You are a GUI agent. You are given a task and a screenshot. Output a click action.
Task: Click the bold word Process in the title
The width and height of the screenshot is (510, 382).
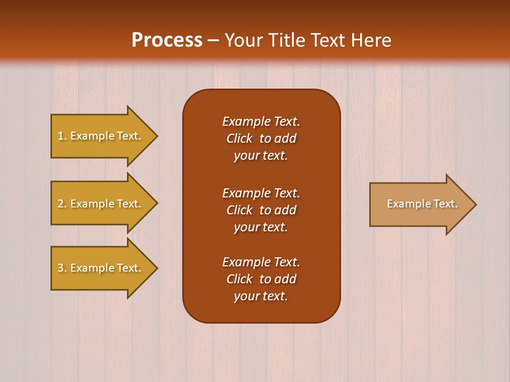(x=167, y=40)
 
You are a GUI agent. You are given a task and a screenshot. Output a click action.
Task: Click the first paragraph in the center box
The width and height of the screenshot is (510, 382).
(x=261, y=138)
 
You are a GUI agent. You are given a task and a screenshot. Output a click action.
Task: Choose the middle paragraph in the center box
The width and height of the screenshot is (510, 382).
(x=261, y=210)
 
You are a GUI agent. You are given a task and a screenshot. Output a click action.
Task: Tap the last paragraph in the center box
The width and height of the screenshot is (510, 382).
(x=261, y=279)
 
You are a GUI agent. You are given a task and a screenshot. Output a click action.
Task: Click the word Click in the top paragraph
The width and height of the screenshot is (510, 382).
(x=239, y=138)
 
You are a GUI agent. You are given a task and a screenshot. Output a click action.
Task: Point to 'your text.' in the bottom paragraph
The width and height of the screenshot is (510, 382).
(x=261, y=296)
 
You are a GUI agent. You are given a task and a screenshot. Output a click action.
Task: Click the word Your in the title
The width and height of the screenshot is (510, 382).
(x=243, y=40)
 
